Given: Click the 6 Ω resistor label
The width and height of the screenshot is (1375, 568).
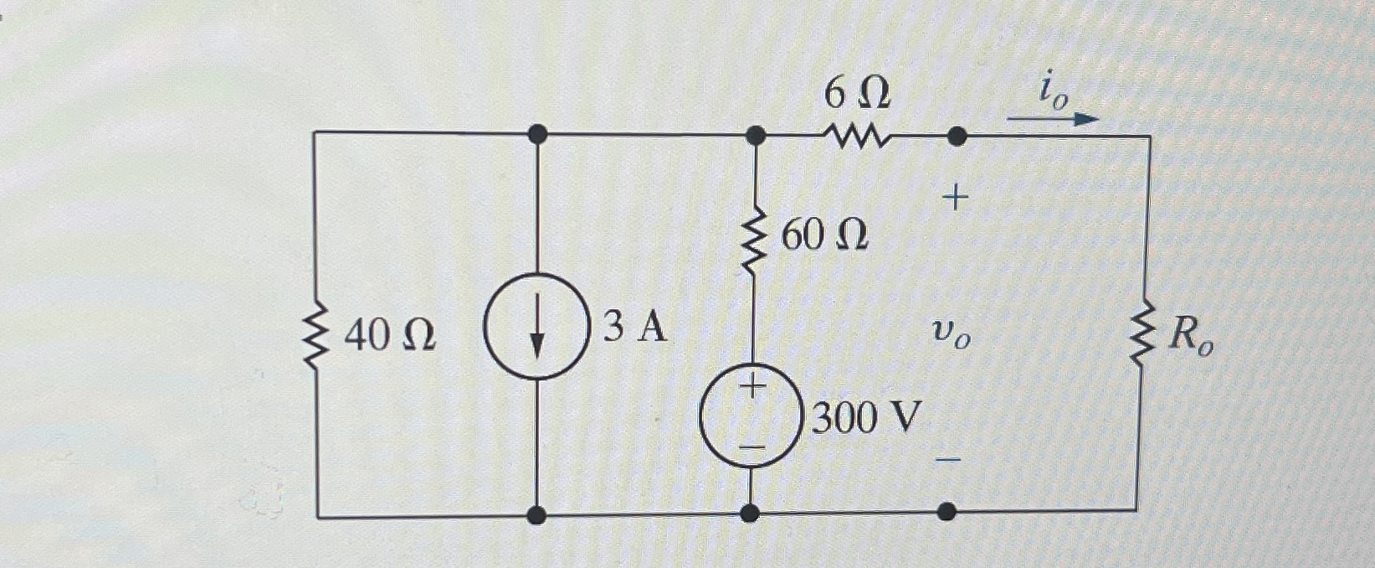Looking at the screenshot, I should click(856, 94).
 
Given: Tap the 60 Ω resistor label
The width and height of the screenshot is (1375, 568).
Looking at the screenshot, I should click(823, 236).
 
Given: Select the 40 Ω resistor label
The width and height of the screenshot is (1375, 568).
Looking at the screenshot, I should click(390, 336).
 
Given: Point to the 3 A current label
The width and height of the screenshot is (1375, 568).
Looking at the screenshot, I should click(635, 327).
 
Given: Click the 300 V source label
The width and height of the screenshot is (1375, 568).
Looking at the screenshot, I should click(866, 416).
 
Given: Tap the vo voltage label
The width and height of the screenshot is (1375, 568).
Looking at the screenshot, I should click(951, 336).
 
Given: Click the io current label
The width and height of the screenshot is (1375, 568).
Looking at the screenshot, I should click(1054, 90).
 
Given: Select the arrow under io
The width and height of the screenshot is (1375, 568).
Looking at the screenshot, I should click(1052, 119).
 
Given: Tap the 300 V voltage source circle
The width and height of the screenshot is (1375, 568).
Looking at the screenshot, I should click(752, 416).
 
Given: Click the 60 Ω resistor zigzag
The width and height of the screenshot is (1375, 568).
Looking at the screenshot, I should click(755, 241).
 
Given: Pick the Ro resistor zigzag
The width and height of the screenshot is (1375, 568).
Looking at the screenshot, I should click(1141, 335).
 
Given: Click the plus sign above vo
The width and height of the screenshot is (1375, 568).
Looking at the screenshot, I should click(955, 199).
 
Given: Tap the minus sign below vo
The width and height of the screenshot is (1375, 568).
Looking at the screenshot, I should click(947, 460).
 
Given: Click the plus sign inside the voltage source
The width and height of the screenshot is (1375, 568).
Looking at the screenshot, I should click(753, 386).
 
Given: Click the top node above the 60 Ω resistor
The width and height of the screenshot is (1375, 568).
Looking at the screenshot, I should click(755, 134).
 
